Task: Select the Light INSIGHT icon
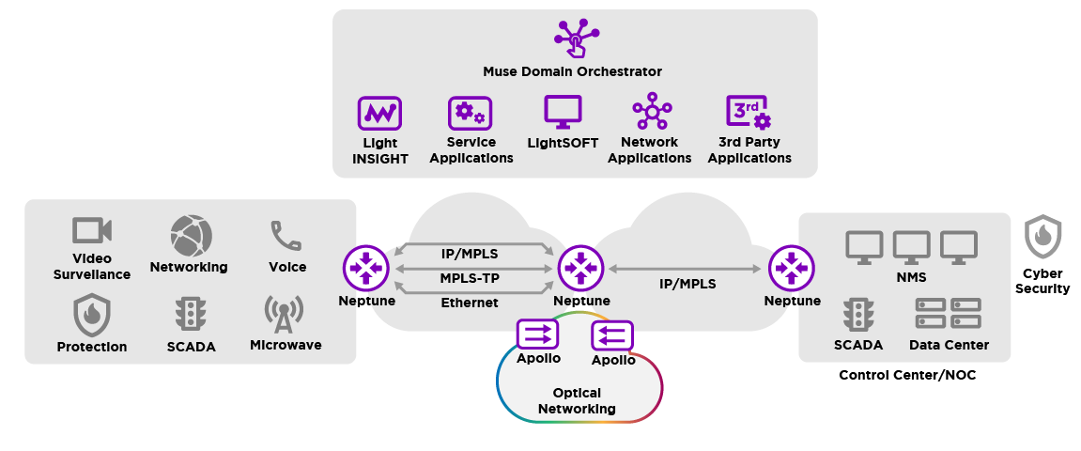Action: click(x=379, y=114)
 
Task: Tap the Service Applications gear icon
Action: click(x=470, y=114)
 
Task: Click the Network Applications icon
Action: click(x=651, y=113)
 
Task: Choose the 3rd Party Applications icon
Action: click(x=749, y=113)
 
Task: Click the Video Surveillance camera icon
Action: click(x=92, y=231)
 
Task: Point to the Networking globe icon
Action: click(x=191, y=235)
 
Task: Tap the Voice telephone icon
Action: click(x=286, y=236)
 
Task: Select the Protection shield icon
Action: click(x=92, y=315)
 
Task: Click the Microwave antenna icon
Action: click(x=284, y=315)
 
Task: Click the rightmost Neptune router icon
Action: click(x=791, y=269)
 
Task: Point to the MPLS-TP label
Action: click(x=470, y=278)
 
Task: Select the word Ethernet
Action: click(x=470, y=303)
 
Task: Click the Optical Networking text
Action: click(x=577, y=401)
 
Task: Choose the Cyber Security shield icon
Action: click(x=1042, y=237)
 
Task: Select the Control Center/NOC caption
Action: click(x=907, y=375)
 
